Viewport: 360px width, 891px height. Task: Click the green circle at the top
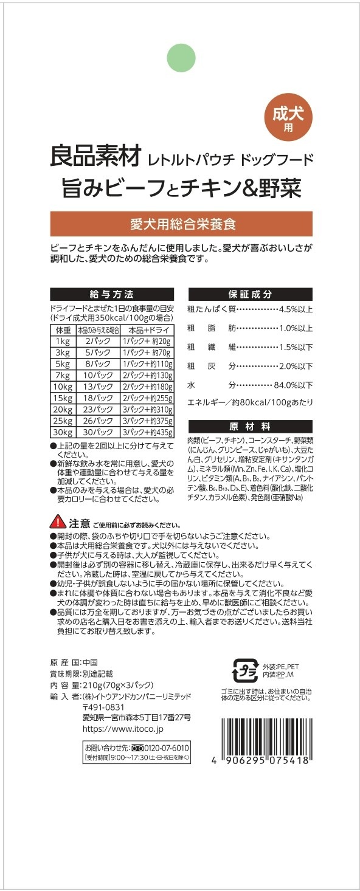tap(181, 58)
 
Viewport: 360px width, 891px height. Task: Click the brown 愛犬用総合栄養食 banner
tap(181, 223)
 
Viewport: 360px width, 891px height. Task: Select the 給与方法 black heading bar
tap(111, 294)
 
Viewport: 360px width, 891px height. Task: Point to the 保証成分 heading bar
tap(250, 294)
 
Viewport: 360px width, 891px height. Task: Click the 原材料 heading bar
tap(250, 425)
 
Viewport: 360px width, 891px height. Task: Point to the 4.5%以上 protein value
tap(295, 310)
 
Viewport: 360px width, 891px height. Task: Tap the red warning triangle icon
tap(58, 523)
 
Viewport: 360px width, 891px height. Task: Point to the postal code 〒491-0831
tap(103, 707)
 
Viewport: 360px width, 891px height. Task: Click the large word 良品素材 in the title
tap(95, 157)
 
